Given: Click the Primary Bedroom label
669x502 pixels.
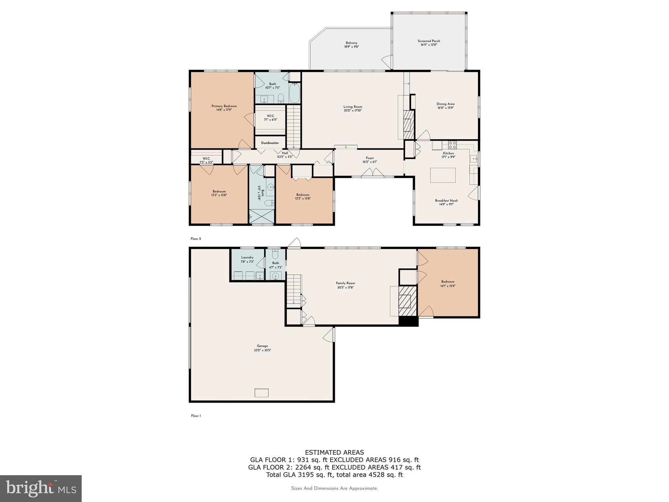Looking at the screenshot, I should (224, 106).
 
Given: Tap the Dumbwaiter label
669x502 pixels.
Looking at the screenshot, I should (270, 143).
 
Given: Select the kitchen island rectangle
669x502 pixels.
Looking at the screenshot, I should (443, 175).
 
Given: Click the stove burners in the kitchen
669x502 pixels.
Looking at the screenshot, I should (452, 145).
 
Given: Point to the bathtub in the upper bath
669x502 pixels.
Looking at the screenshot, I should (294, 93).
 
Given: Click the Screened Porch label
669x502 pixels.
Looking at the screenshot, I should (429, 41).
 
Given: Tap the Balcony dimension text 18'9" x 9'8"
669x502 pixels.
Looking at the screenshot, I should (351, 47).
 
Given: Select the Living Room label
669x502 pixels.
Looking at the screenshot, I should (352, 107).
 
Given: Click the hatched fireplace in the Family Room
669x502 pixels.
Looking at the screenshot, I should (407, 301).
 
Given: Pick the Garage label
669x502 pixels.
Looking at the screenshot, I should (262, 346).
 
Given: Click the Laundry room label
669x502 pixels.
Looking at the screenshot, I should (247, 257).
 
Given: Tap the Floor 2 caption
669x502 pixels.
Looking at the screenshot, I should (196, 239).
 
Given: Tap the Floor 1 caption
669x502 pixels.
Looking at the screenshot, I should (196, 416).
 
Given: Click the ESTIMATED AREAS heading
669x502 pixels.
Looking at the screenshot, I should (334, 452).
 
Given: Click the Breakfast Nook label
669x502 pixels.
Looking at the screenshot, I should (446, 201).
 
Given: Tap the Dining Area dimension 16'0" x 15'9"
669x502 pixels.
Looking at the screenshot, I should (446, 108).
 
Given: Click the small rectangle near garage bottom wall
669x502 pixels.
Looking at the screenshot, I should (262, 393).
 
